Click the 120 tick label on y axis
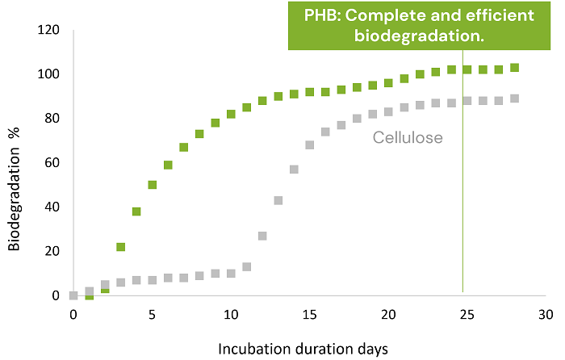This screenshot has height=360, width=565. coord(49,31)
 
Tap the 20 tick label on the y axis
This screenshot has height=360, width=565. coord(52,251)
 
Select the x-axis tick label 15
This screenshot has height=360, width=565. coord(309,312)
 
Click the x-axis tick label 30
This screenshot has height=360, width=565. coord(546,312)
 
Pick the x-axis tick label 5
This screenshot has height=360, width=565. coord(152,312)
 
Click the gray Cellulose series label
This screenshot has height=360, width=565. coord(408,138)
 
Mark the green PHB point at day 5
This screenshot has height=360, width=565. coord(152,185)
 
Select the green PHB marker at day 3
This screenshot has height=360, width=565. coord(120,247)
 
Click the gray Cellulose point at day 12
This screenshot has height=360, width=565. coord(262,236)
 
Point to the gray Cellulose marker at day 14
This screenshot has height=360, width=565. coord(294,170)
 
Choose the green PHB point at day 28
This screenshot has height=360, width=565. coord(514,68)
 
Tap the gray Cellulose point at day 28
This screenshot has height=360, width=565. coord(514,98)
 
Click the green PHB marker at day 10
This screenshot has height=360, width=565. coord(231,115)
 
